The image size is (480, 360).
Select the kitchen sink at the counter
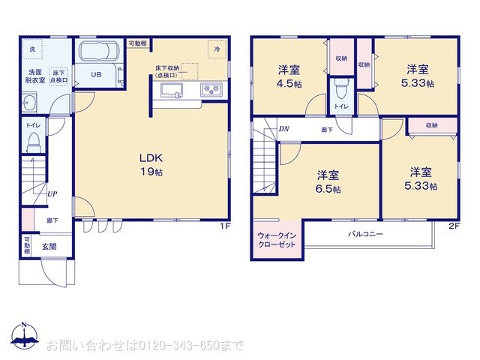pos(170,91)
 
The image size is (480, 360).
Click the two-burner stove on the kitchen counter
pos(210,91)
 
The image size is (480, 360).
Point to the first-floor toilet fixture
pos(34,145)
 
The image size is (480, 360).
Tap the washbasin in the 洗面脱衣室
pos(30,102)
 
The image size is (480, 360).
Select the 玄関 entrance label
pos(49,247)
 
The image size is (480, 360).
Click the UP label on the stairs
pos(51,193)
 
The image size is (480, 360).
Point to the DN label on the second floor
pos(284,129)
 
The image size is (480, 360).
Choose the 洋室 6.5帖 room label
pos(327,182)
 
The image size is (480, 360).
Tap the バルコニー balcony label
pos(365,235)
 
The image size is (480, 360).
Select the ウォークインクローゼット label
pos(277,240)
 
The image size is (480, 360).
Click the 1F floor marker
pos(223,226)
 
